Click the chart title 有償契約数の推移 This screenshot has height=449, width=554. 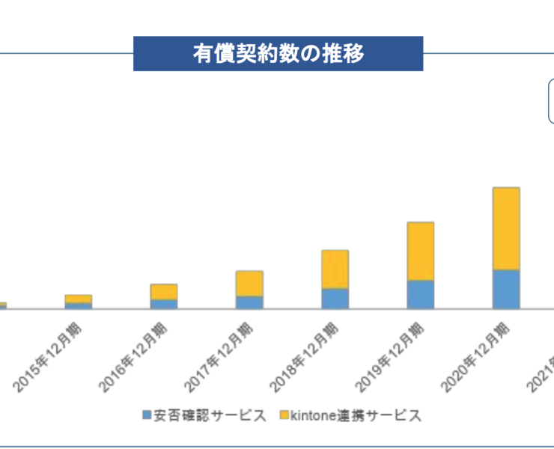tap(278, 54)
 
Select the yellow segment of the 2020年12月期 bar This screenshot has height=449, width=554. tap(506, 228)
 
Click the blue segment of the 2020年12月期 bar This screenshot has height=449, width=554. tap(506, 289)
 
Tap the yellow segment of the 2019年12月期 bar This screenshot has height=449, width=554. tap(421, 251)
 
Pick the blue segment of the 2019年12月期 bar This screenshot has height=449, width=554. tap(421, 294)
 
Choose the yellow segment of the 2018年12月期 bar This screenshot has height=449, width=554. tap(335, 269)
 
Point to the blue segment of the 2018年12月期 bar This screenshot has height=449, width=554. tap(335, 298)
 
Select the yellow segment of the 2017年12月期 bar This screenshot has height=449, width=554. tap(249, 283)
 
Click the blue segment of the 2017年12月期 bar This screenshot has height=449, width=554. tap(249, 302)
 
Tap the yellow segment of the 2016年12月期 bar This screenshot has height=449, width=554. tap(164, 292)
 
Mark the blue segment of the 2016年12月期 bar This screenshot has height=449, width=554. tap(164, 304)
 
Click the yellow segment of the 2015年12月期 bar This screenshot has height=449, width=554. tap(78, 299)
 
